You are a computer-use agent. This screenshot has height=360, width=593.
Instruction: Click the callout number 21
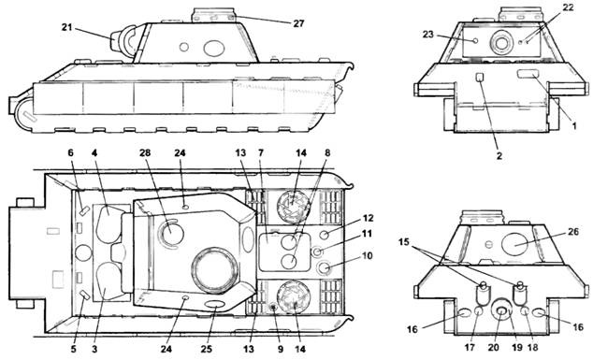[67, 27]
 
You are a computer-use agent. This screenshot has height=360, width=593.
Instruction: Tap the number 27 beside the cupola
[298, 23]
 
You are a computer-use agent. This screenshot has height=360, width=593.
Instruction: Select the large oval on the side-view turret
[214, 48]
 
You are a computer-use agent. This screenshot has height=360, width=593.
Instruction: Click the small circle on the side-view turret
[184, 48]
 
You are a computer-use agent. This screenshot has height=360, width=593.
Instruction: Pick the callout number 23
[427, 35]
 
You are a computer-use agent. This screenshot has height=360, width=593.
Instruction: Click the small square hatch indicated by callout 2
[480, 77]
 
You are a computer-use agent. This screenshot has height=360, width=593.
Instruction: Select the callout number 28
[145, 152]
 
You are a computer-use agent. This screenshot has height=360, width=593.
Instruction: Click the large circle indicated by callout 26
[514, 244]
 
